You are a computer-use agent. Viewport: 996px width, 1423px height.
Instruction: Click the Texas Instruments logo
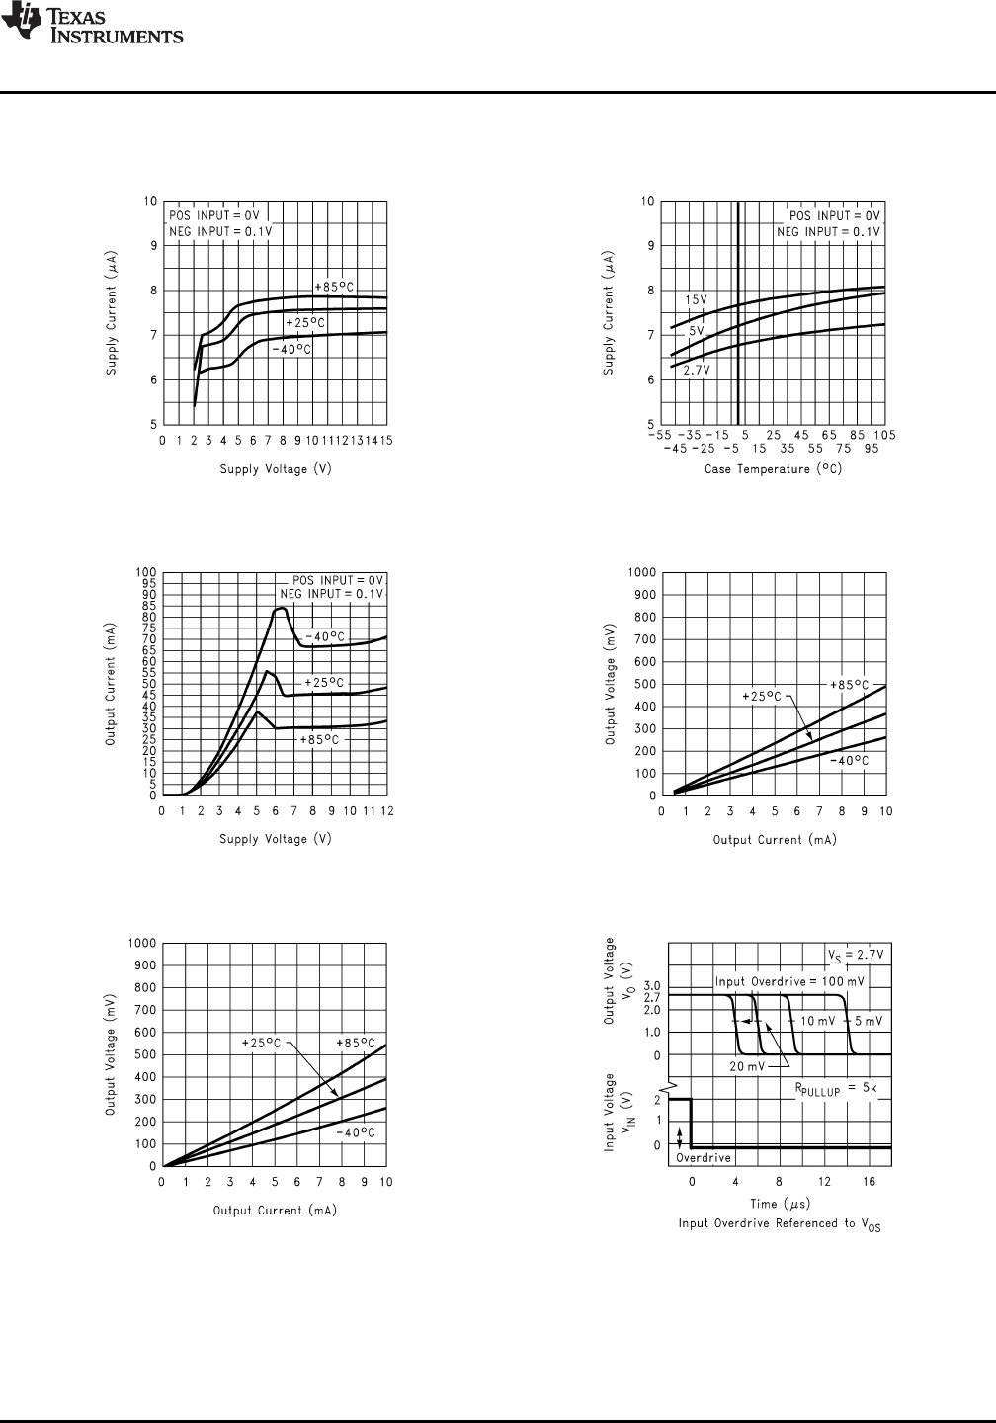coord(93,26)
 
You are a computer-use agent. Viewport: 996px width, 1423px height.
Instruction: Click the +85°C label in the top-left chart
coord(334,287)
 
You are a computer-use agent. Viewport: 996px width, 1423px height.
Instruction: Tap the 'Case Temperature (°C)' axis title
coord(773,469)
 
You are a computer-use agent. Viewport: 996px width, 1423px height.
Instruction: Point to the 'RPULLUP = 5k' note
coord(836,1087)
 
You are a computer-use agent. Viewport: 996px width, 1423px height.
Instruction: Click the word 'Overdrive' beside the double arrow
coord(703,1157)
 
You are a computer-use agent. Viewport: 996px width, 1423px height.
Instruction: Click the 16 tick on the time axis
coord(869,1181)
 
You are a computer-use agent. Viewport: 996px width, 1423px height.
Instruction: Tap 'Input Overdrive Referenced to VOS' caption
coord(779,1224)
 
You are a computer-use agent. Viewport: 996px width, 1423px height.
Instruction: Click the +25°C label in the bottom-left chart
coord(262,1043)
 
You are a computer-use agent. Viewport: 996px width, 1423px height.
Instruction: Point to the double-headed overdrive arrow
coord(679,1136)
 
